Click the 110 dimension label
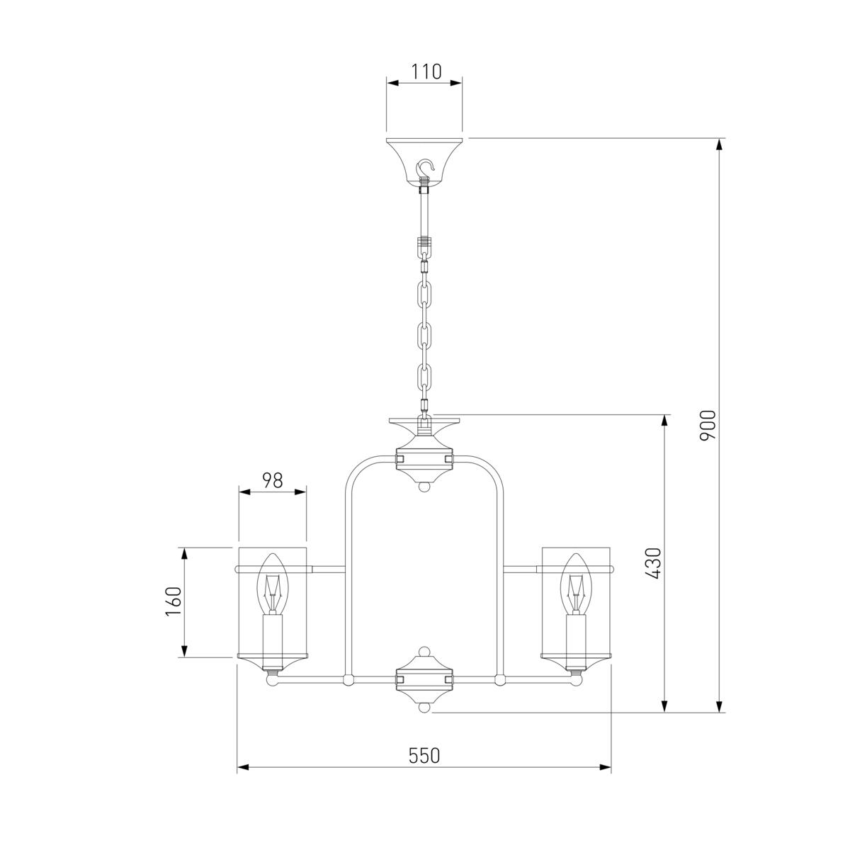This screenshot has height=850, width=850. (x=426, y=72)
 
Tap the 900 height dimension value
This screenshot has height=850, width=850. (x=708, y=425)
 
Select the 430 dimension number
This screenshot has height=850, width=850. (x=654, y=563)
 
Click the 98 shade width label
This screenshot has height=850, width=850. (x=273, y=480)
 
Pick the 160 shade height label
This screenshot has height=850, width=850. (x=174, y=601)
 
